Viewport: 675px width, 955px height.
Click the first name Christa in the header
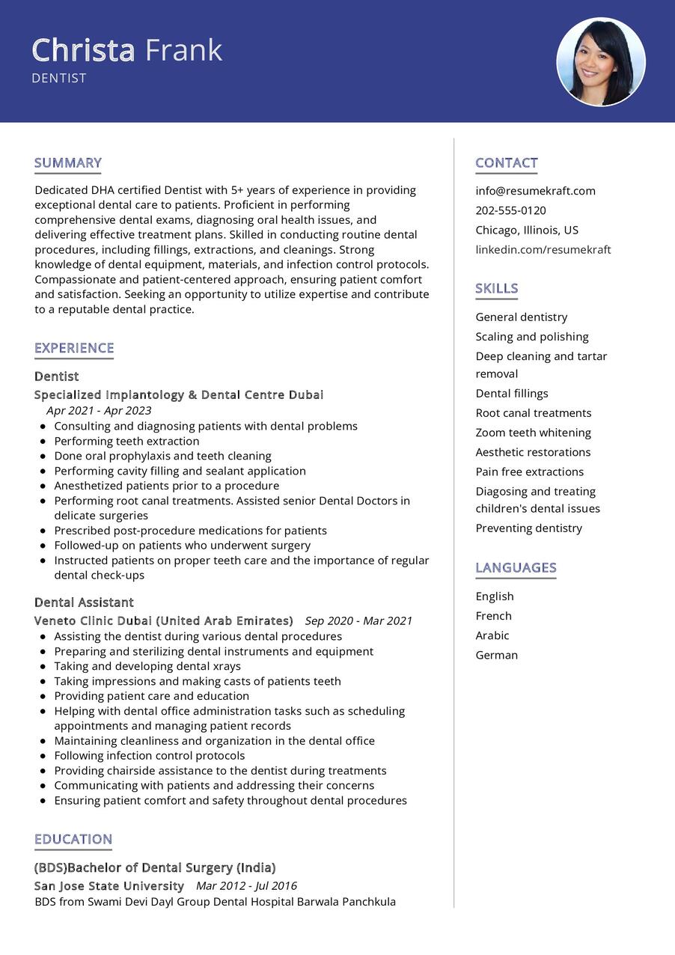(x=83, y=50)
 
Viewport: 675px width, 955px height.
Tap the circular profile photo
(x=601, y=62)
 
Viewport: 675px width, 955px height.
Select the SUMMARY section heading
(x=68, y=163)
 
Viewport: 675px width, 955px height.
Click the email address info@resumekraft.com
(x=535, y=191)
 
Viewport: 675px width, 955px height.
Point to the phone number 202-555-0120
(x=510, y=210)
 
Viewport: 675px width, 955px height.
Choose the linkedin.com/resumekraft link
(x=543, y=249)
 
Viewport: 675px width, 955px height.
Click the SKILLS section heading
(x=496, y=289)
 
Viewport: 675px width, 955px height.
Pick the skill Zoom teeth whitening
(x=533, y=433)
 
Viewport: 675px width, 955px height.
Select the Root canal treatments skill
(x=533, y=413)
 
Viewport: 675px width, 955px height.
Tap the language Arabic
(x=492, y=635)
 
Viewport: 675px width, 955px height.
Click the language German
(x=496, y=655)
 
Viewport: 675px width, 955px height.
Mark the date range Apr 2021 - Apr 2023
(x=99, y=410)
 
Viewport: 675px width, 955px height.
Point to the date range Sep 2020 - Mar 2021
(x=358, y=620)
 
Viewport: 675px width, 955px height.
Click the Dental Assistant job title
(x=84, y=602)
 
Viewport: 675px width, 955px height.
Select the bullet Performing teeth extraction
(x=126, y=441)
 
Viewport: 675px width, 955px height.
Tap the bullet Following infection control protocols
(x=149, y=755)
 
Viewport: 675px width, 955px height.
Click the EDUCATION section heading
(x=73, y=840)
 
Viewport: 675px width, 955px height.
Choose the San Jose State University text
(x=109, y=886)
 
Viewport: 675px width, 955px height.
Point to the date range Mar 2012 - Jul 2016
(x=246, y=886)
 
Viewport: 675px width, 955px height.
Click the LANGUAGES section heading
(x=516, y=568)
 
